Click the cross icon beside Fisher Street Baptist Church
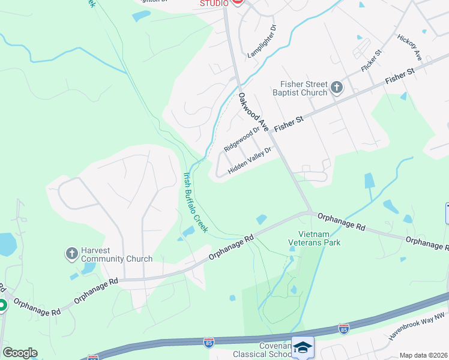[x=336, y=88]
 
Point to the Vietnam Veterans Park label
[x=315, y=238]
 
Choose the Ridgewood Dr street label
[x=241, y=138]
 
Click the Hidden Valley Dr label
[x=250, y=161]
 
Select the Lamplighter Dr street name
[x=262, y=41]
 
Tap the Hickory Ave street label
[x=410, y=46]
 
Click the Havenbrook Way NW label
[x=415, y=326]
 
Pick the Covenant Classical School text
[x=267, y=350]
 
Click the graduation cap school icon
[x=303, y=347]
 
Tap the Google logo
[x=20, y=353]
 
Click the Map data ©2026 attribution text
[x=424, y=355]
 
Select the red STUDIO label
[x=214, y=4]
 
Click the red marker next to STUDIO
[x=237, y=2]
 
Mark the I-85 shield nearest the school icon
[x=343, y=329]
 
